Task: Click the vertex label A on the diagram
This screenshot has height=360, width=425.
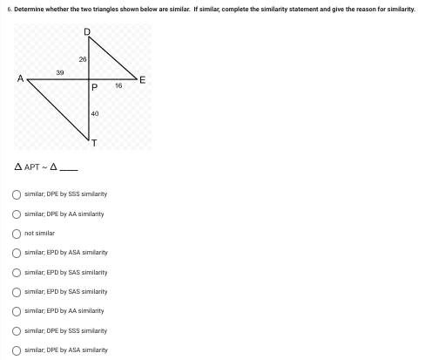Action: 19,79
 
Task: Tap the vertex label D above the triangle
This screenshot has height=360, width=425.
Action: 86,31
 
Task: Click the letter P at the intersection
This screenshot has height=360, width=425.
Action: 94,87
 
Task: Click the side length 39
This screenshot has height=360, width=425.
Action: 59,74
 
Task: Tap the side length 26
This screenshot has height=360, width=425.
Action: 82,58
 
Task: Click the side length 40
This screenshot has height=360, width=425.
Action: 94,114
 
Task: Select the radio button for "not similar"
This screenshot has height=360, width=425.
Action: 17,234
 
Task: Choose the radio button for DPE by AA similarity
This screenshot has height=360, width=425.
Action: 17,214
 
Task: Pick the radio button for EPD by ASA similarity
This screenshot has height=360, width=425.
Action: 17,253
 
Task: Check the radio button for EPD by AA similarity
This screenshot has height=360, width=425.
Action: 17,311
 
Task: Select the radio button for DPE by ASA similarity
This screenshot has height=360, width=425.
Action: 17,350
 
